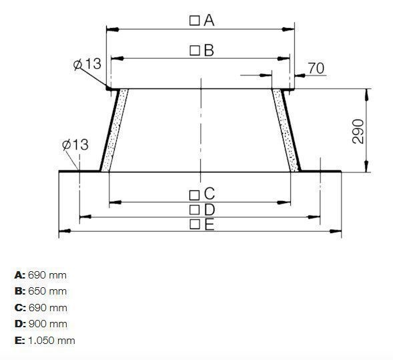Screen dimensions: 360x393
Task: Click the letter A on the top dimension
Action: (x=209, y=21)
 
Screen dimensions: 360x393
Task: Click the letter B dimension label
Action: (x=209, y=50)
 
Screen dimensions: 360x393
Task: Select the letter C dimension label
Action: (x=209, y=194)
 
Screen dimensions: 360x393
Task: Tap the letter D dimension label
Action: (x=209, y=210)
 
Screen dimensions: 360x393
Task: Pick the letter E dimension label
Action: (x=209, y=225)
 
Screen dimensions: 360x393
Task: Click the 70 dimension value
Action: (x=316, y=67)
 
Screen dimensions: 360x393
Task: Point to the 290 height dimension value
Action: (x=358, y=131)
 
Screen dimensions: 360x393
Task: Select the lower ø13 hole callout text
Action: (x=75, y=145)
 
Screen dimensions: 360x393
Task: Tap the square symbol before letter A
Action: (x=194, y=21)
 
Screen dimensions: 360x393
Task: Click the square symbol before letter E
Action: (x=194, y=225)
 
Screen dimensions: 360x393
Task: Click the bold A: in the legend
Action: (x=19, y=275)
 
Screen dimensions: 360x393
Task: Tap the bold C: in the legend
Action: (x=19, y=308)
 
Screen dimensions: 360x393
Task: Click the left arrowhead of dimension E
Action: (x=63, y=231)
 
